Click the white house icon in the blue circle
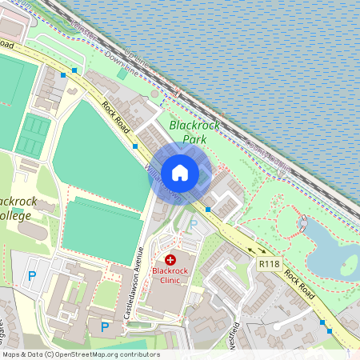pos(180,173)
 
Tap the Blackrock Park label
pos(188,132)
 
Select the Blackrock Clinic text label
pos(170,275)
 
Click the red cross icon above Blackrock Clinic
pos(170,260)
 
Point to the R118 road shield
pos(270,263)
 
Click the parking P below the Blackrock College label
pos(32,277)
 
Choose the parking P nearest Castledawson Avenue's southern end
pos(105,326)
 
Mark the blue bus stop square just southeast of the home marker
pos(208,210)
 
